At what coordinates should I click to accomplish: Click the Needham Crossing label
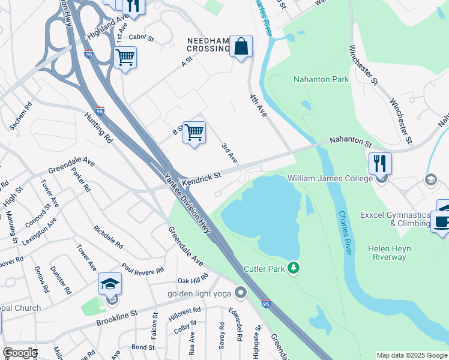(x=208, y=46)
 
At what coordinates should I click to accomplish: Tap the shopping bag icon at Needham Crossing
(x=241, y=46)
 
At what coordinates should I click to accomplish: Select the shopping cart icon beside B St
(x=194, y=133)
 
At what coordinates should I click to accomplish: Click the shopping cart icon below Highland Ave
(x=125, y=58)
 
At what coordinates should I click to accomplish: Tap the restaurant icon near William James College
(x=380, y=163)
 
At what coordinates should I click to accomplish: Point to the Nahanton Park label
(x=321, y=79)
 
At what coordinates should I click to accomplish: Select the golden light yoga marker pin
(x=241, y=293)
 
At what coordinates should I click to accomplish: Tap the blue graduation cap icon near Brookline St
(x=110, y=284)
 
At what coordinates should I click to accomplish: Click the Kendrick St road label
(x=202, y=176)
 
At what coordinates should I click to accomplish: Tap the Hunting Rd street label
(x=98, y=127)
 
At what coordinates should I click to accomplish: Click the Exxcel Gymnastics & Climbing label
(x=394, y=219)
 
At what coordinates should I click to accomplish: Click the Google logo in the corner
(x=20, y=353)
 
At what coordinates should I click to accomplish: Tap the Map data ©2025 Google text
(x=411, y=355)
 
